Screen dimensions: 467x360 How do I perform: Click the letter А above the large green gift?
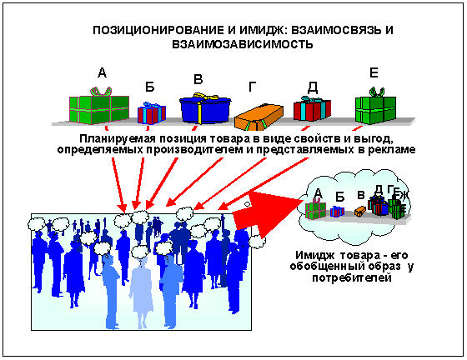(x=102, y=72)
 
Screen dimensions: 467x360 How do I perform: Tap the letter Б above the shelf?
(x=150, y=87)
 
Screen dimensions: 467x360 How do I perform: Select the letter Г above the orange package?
(x=252, y=87)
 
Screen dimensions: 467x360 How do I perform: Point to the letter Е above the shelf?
(x=374, y=72)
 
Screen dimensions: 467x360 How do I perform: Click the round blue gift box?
(x=205, y=110)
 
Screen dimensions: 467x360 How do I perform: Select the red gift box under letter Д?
(x=312, y=109)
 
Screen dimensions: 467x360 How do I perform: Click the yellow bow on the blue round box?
(x=205, y=96)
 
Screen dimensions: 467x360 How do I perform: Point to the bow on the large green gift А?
(x=101, y=91)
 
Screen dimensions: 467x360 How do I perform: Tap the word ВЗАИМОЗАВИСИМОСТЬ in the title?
(x=243, y=44)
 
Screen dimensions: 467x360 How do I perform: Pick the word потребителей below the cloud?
(x=351, y=277)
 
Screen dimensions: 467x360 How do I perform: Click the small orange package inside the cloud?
(x=360, y=211)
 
